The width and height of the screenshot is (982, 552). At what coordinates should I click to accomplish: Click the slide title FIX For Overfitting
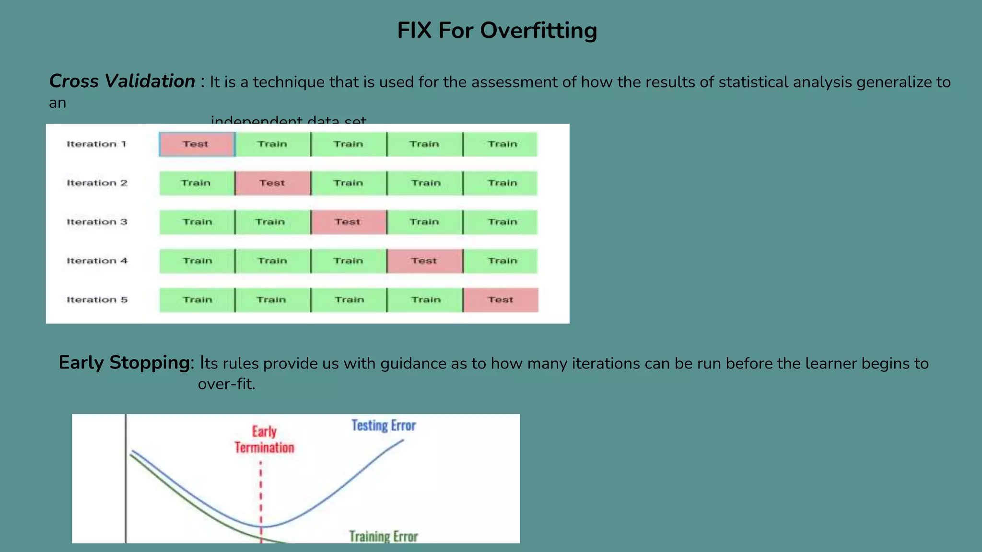(497, 31)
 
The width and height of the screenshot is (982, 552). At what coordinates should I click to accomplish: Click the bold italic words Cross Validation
(122, 81)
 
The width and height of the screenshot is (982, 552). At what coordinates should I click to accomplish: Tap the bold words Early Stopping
(124, 363)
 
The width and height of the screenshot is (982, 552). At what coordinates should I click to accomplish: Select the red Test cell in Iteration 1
(197, 144)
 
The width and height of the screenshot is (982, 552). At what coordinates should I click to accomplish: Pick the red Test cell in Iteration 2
(272, 183)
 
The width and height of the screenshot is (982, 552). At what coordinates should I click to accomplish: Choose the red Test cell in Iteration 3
(348, 222)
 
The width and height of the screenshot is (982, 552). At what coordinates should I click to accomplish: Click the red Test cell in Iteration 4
(424, 261)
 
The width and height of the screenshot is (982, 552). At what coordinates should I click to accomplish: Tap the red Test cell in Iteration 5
(501, 300)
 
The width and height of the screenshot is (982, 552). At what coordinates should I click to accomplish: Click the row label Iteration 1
(96, 144)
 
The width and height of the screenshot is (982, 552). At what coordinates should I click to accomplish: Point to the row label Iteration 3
(97, 222)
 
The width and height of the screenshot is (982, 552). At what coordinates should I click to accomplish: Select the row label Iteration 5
(97, 300)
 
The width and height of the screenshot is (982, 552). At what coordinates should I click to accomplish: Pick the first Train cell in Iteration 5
(197, 300)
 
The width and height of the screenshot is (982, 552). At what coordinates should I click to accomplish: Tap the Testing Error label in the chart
(384, 425)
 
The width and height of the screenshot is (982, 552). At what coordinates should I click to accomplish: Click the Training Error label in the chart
(384, 536)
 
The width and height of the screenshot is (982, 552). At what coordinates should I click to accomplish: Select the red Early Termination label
(264, 440)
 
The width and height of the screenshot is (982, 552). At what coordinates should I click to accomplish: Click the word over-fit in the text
(226, 384)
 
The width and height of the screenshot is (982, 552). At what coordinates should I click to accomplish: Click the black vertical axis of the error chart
(126, 479)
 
